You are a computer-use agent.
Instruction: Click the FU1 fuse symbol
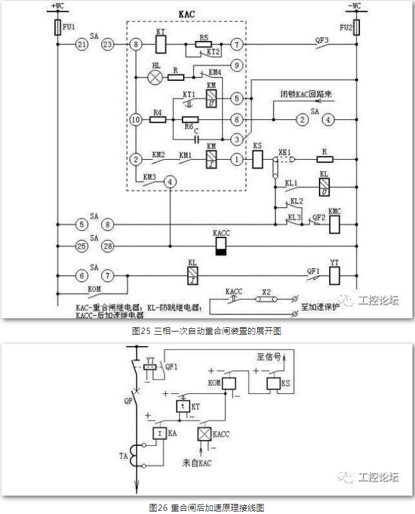coord(57,28)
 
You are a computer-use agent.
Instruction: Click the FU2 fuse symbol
coord(358,28)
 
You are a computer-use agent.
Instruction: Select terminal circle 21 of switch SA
coord(81,45)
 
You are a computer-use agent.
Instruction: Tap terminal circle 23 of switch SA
coord(107,45)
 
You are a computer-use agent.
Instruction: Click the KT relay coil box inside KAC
coord(160,45)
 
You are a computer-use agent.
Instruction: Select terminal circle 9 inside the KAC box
coord(236,64)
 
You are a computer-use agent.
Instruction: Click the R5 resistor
coord(203,45)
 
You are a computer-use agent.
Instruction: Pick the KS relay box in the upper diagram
coord(258,160)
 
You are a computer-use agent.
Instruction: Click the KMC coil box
coord(335,224)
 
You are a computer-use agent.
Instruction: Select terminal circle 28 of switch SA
coord(108,244)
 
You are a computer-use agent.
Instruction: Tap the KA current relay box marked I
coord(158,433)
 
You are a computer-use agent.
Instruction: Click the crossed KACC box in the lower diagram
coord(204,434)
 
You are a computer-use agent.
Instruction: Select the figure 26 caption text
coord(206,506)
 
